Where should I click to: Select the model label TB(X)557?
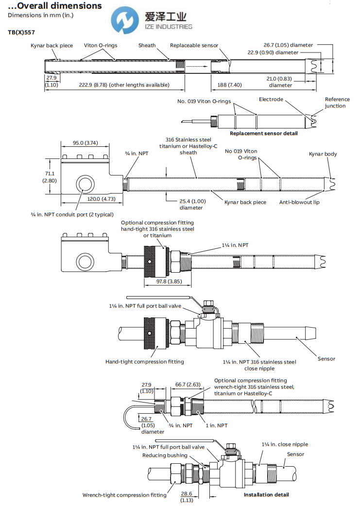tap(21, 32)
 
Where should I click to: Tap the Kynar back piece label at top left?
tap(51, 46)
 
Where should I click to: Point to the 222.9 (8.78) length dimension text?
tap(124, 85)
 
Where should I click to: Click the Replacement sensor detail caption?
tap(263, 133)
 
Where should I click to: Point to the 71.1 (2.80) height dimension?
tap(51, 176)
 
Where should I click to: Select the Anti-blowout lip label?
tap(299, 202)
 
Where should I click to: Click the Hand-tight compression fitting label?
tap(144, 362)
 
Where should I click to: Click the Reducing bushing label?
tap(164, 455)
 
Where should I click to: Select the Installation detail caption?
tap(266, 494)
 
